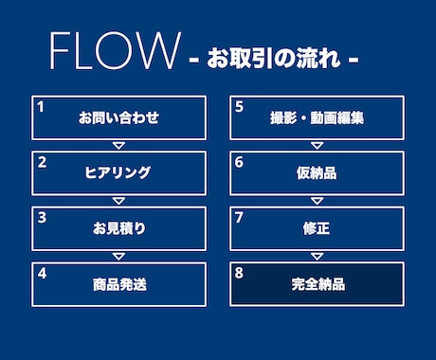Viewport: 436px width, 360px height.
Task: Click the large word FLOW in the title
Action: coord(113,52)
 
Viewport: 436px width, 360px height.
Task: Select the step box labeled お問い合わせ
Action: coord(118,117)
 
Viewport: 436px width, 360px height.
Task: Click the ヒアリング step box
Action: coord(118,172)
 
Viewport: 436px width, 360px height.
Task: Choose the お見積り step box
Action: coord(118,228)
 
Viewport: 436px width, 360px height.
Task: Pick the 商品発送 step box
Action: coord(118,283)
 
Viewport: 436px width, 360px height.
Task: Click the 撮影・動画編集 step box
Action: coord(317,117)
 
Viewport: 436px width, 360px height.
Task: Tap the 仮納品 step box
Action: coord(317,172)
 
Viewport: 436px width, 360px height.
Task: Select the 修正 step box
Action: coord(317,228)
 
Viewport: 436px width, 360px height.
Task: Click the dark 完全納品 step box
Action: coord(317,283)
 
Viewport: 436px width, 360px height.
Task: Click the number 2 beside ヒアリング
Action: coord(42,161)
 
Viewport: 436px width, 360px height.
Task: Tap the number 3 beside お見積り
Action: coord(42,217)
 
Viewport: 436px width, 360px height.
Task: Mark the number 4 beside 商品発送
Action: coord(42,273)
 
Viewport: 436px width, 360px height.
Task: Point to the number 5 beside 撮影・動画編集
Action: coord(239,106)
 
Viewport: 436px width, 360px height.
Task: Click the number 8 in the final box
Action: coord(239,273)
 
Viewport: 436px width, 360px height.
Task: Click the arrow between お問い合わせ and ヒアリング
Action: coord(118,145)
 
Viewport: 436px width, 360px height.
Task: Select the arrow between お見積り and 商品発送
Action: coord(118,256)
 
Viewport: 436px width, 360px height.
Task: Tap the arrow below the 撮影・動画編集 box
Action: coord(317,145)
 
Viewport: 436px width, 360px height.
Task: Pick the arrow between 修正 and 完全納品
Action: coord(317,256)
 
